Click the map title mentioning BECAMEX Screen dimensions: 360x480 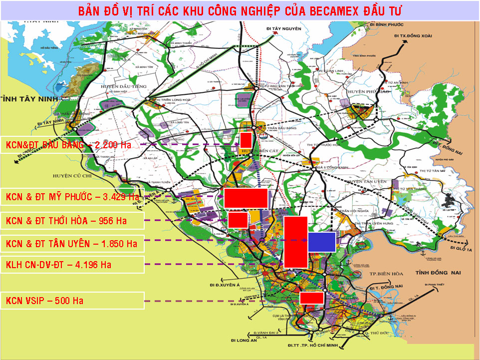pyautogui.click(x=240, y=10)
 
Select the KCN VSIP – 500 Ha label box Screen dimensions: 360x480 pyautogui.click(x=72, y=301)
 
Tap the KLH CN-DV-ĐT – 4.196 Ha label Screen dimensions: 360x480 pyautogui.click(x=72, y=265)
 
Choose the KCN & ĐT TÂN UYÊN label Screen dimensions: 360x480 pyautogui.click(x=72, y=244)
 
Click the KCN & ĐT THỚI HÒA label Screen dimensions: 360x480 pyautogui.click(x=72, y=220)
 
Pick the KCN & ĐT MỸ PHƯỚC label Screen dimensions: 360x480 pyautogui.click(x=72, y=197)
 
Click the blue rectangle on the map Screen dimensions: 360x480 pyautogui.click(x=321, y=242)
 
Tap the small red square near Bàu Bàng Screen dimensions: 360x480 pyautogui.click(x=245, y=140)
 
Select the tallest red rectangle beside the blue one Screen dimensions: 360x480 pyautogui.click(x=295, y=242)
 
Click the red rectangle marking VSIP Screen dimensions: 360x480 pyautogui.click(x=312, y=298)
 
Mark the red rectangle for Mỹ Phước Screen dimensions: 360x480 pyautogui.click(x=245, y=198)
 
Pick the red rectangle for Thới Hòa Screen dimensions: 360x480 pyautogui.click(x=238, y=220)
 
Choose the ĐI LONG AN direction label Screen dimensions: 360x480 pyautogui.click(x=243, y=341)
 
